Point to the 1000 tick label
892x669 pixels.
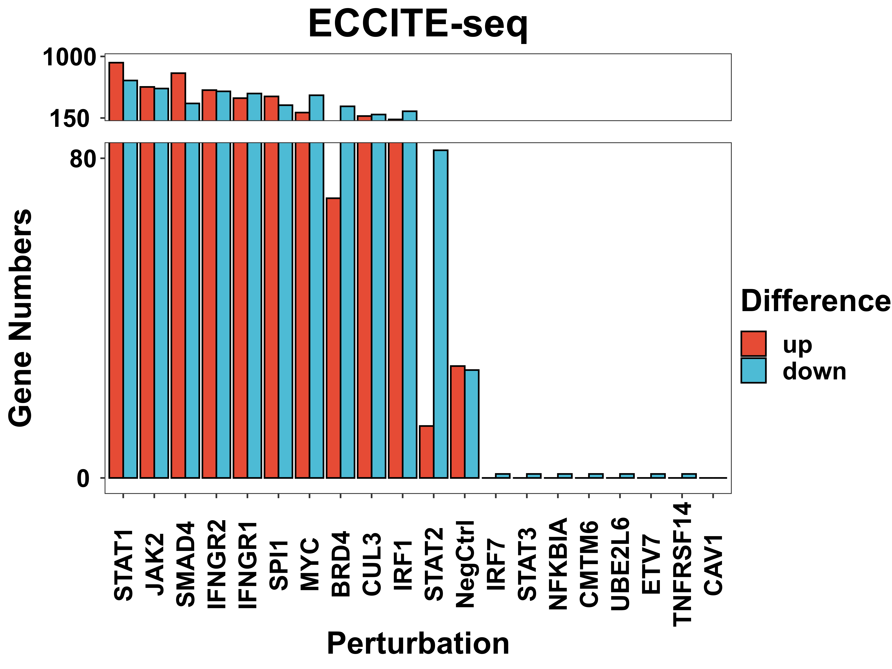coord(69,57)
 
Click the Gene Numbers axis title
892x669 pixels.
coord(20,318)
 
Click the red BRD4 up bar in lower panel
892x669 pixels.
coord(333,338)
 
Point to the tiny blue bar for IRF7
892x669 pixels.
coord(503,476)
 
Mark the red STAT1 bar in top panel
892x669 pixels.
coord(116,92)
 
